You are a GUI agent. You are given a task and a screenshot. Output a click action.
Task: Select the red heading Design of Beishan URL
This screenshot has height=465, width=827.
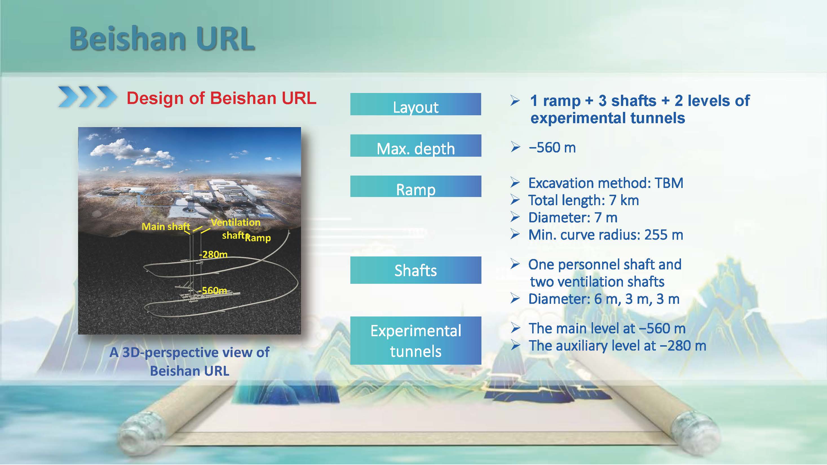coord(222,98)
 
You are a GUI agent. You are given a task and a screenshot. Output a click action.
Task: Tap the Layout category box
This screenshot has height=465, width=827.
coord(415,104)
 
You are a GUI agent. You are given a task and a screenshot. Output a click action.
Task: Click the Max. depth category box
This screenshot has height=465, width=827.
coord(416,146)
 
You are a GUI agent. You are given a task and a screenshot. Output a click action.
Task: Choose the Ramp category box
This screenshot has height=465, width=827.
coord(416,186)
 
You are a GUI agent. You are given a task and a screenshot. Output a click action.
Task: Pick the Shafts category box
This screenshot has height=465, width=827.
coord(416,270)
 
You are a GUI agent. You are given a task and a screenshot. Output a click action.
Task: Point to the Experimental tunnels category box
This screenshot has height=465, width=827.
coord(416,340)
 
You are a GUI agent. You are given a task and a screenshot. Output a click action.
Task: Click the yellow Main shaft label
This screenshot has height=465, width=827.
coord(166,227)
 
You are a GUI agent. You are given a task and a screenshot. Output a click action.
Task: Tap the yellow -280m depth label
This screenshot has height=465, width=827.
coord(213,254)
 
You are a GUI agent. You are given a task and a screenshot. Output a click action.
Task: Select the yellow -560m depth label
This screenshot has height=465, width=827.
coord(213,291)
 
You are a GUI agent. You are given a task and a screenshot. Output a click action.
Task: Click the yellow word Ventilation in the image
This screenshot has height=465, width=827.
coord(236,222)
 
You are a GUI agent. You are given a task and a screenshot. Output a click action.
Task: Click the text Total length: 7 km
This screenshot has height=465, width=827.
coord(584,200)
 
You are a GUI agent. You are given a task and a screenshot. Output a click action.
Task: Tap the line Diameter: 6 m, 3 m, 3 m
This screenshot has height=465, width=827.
coord(604,299)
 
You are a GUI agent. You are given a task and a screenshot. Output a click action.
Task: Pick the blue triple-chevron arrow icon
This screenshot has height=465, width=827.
coord(87,96)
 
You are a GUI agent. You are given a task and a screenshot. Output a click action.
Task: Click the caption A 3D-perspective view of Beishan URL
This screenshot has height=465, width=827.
coord(189,362)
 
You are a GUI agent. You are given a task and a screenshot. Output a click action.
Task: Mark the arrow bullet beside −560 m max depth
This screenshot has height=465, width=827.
coord(515,147)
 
